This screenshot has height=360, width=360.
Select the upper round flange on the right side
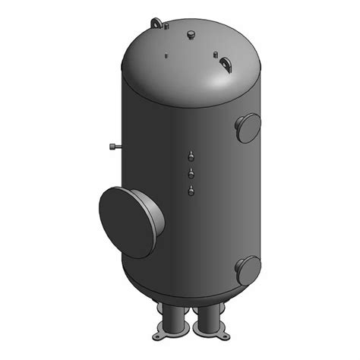[248, 128]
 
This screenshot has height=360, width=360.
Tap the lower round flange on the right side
[248, 270]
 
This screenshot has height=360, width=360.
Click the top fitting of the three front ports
[191, 157]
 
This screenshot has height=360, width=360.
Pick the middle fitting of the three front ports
[191, 174]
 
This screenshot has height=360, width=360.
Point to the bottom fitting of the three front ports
[191, 190]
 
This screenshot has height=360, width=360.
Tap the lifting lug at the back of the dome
[157, 24]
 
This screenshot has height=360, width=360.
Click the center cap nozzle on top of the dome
[189, 35]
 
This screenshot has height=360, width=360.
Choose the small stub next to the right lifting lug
[216, 54]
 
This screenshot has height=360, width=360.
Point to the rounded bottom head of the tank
[190, 292]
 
